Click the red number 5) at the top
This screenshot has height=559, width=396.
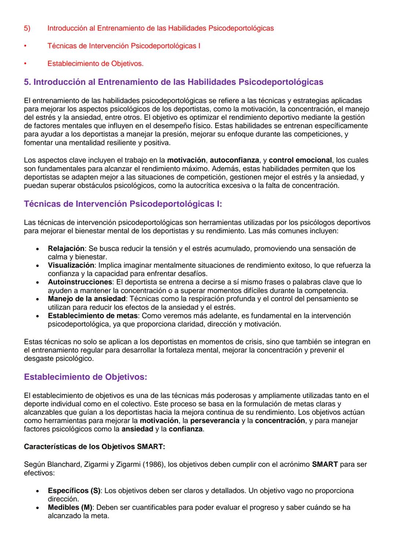pos(27,28)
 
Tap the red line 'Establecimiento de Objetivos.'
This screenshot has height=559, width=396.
pos(95,64)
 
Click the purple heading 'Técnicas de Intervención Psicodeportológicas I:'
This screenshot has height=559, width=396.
pos(123,204)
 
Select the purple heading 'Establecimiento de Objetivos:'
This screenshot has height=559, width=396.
pos(85,377)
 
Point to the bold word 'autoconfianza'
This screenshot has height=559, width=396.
pos(234,160)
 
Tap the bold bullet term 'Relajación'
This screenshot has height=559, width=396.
pos(66,249)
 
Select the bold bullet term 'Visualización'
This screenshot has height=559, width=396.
pos(71,265)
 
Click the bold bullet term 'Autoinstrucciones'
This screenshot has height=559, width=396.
pos(80,282)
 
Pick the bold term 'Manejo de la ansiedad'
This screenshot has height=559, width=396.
pos(87,299)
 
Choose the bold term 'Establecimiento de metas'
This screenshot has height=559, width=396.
pos(93,316)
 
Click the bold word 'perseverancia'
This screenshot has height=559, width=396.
pos(215,421)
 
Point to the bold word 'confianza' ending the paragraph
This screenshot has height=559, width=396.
pos(186,429)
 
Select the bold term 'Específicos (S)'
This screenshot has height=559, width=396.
pos(74,491)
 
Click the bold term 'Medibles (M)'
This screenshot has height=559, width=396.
pos(70,507)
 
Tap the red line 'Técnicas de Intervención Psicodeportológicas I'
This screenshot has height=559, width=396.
pos(124,46)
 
